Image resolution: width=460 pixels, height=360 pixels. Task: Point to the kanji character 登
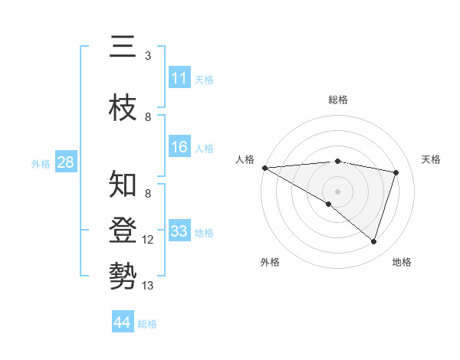point(123,230)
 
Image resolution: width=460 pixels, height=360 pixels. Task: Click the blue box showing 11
point(179,77)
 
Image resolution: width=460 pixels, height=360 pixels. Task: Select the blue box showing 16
point(179,147)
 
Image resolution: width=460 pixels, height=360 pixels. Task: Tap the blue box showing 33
point(179,231)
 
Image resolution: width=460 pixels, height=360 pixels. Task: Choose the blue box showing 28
point(65,162)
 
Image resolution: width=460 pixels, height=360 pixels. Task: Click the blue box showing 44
point(122,322)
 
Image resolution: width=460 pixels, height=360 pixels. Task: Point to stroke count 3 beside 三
point(148,56)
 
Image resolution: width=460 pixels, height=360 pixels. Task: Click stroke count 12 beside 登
point(148,240)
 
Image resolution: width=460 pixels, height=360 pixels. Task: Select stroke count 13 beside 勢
point(148,286)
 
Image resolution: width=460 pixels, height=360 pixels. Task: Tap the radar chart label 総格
point(337,100)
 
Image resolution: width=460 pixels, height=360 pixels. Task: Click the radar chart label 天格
point(432,159)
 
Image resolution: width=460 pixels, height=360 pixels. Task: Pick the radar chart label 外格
point(270,262)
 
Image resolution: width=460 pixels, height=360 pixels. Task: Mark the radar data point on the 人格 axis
point(264,167)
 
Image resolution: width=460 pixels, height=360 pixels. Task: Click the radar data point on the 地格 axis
point(373,241)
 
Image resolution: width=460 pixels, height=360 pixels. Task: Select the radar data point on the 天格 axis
point(396,172)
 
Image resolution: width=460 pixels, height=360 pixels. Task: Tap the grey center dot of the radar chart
point(337,191)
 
